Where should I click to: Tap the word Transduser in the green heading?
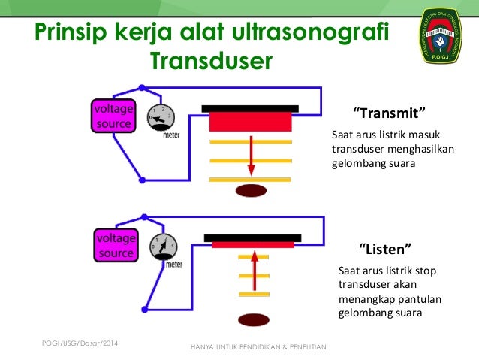209,61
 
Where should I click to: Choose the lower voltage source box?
115,246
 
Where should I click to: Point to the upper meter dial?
161,117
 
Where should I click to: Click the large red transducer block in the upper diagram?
250,122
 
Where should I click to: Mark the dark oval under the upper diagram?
251,190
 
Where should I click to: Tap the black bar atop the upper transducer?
250,107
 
